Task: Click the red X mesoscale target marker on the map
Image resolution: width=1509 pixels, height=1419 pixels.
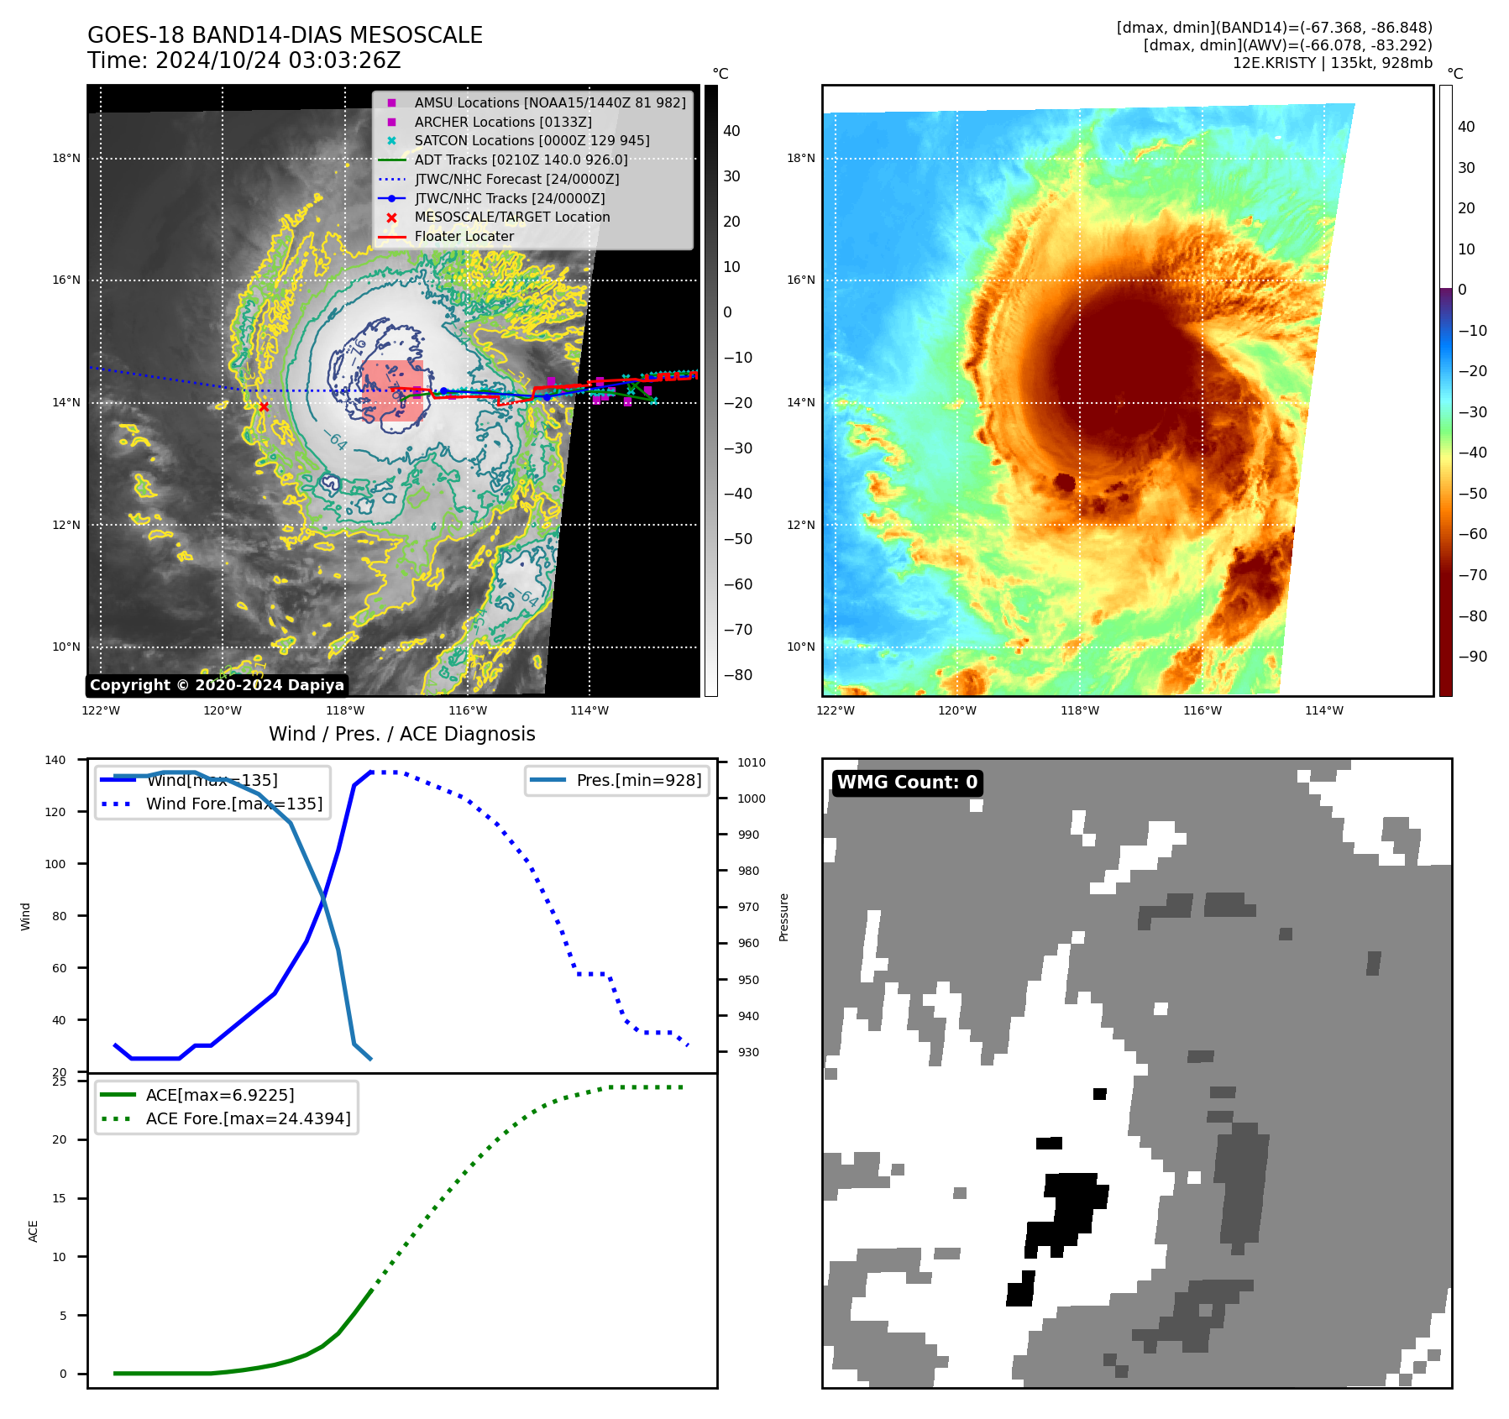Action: pyautogui.click(x=264, y=407)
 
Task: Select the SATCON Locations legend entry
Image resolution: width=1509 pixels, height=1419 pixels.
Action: pyautogui.click(x=532, y=141)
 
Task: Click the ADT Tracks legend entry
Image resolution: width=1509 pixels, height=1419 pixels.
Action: pyautogui.click(x=521, y=160)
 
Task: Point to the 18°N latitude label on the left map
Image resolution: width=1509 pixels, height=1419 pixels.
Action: pyautogui.click(x=66, y=159)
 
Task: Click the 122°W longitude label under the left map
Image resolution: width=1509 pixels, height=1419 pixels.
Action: pyautogui.click(x=101, y=711)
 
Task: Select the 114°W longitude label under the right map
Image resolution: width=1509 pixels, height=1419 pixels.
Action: pyautogui.click(x=1324, y=711)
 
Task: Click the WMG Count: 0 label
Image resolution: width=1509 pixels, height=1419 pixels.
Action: pyautogui.click(x=907, y=783)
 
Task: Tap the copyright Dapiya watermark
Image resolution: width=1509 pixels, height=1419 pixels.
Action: pyautogui.click(x=217, y=685)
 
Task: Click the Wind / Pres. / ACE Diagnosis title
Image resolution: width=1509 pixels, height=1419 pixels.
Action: pyautogui.click(x=401, y=734)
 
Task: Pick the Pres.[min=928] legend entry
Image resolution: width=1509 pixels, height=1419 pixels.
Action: pyautogui.click(x=638, y=781)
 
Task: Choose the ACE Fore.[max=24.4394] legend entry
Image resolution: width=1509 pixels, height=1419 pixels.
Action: pyautogui.click(x=248, y=1118)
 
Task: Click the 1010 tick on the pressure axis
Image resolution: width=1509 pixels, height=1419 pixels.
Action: pyautogui.click(x=752, y=763)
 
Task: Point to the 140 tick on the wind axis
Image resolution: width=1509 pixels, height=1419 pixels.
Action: pyautogui.click(x=55, y=761)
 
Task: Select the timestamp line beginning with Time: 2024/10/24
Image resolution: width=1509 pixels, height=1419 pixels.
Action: pyautogui.click(x=244, y=61)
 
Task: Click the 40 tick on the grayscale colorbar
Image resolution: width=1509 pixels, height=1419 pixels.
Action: pyautogui.click(x=731, y=131)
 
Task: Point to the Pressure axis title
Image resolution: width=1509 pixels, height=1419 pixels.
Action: pyautogui.click(x=783, y=917)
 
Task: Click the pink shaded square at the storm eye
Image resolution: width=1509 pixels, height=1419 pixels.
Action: pyautogui.click(x=393, y=390)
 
